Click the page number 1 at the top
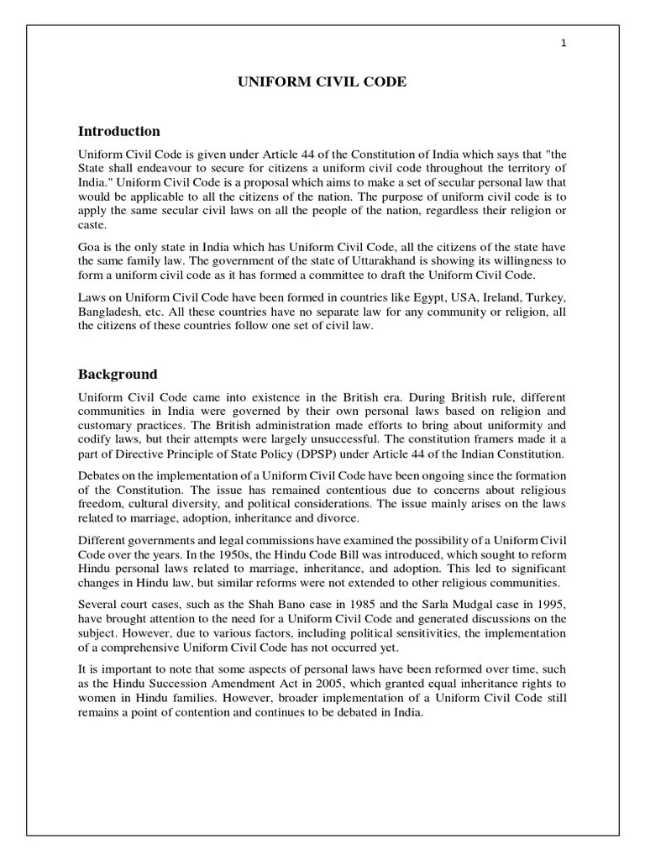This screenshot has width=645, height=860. pyautogui.click(x=563, y=45)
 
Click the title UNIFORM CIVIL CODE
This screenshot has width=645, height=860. pyautogui.click(x=322, y=81)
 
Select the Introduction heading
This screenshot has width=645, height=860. pyautogui.click(x=118, y=131)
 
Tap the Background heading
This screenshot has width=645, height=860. pyautogui.click(x=118, y=374)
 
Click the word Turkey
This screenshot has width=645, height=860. pyautogui.click(x=546, y=297)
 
